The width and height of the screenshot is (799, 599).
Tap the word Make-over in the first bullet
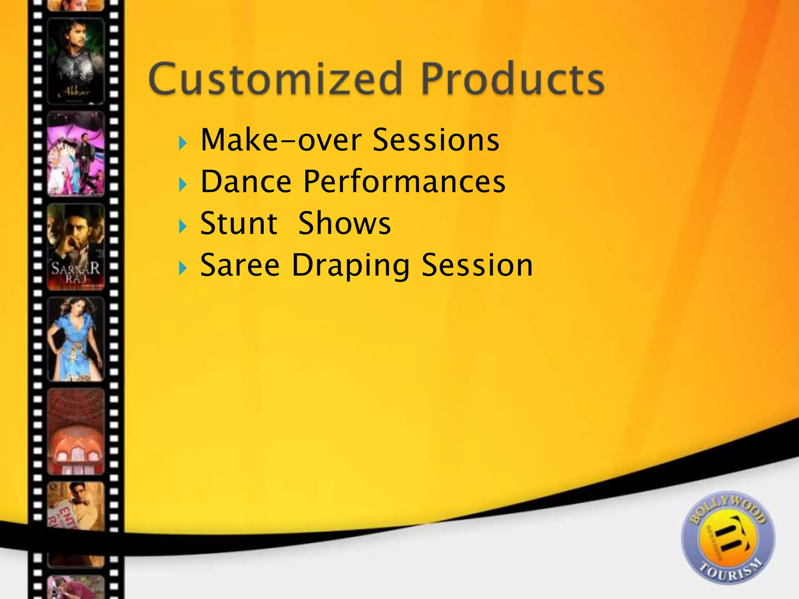tap(281, 140)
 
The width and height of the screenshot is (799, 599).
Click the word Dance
tap(246, 182)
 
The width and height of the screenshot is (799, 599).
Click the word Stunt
tap(238, 223)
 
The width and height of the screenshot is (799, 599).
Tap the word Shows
tap(344, 223)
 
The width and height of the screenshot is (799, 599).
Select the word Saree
tap(240, 266)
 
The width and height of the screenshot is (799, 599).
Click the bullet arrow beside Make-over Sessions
tap(183, 143)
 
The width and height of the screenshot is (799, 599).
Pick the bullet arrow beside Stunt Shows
tap(183, 227)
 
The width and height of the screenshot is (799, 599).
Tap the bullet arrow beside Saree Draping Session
tap(183, 268)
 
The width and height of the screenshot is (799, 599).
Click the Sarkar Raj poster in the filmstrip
tap(76, 247)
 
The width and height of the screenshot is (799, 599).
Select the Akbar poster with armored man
tap(76, 61)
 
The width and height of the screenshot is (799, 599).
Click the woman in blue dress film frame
tap(76, 339)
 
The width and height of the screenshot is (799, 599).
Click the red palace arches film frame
tap(76, 432)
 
